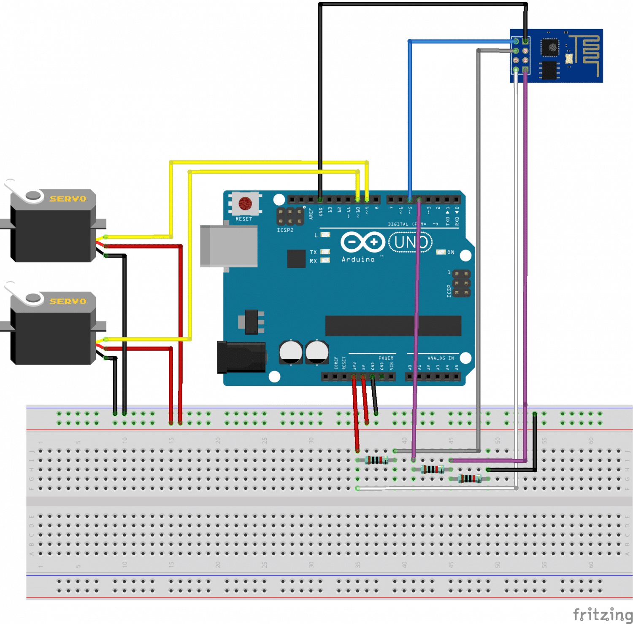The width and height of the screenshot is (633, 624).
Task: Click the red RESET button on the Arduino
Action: coord(245,203)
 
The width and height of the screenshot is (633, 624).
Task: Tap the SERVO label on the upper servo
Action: coord(68,199)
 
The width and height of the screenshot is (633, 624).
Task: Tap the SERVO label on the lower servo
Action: coord(68,301)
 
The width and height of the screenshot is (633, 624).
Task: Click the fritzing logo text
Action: coord(602,614)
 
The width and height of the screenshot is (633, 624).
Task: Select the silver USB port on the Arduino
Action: coord(229,246)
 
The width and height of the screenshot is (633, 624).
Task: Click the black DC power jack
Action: coord(241,358)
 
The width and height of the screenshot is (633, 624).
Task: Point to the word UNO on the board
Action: coord(411,242)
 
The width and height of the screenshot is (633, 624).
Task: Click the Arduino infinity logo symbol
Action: coord(362,242)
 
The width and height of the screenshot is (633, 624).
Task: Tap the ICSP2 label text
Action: coord(285,230)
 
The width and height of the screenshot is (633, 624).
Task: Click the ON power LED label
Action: coord(451,252)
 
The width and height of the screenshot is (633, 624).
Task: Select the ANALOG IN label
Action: coord(441,358)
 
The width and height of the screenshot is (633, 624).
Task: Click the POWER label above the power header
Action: coord(386,358)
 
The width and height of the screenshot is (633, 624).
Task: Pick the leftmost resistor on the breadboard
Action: coord(376,460)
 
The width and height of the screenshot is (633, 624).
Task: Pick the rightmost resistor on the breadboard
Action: coord(470,479)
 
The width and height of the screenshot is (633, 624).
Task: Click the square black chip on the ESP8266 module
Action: coord(550,47)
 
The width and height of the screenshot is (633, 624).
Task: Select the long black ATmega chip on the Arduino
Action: coord(393,325)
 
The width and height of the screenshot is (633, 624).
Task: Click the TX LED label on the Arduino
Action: coord(313,252)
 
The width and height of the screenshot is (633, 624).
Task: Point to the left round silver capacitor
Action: coord(291,352)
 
